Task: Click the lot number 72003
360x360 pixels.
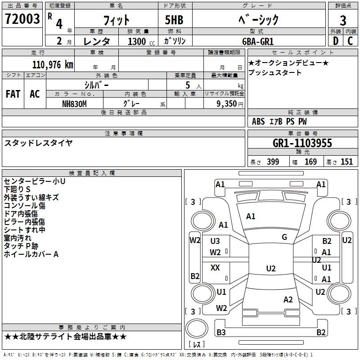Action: coord(22,20)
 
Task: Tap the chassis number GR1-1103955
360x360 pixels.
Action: coord(302,143)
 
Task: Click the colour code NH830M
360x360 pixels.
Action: coord(74,103)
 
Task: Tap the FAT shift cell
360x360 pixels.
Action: coord(13,94)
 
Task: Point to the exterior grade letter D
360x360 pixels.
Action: coord(336,41)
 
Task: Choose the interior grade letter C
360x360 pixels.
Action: coord(350,41)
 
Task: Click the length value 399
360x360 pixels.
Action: coord(273,162)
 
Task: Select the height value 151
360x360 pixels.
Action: coord(346,162)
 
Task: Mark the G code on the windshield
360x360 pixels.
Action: coord(284,237)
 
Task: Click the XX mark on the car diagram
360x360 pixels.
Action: coord(216,268)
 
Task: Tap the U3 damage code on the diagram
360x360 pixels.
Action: coord(216,242)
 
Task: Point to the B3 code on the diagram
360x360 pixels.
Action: coord(221,333)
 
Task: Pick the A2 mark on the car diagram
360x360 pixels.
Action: coord(288,300)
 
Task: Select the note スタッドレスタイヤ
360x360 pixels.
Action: coord(38,143)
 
